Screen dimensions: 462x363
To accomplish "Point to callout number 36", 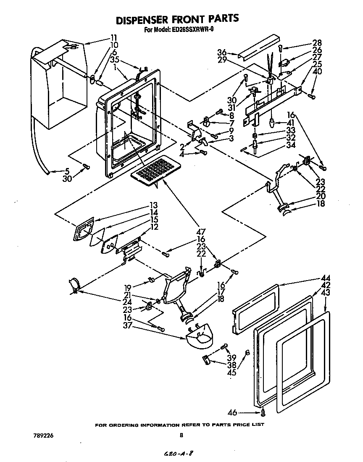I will (222, 52).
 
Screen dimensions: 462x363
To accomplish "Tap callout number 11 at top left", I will (114, 37).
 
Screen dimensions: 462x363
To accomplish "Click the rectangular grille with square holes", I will (153, 170).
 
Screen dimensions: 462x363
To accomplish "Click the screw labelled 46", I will (263, 413).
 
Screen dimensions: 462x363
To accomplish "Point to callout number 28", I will (316, 43).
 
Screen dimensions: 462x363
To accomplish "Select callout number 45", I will (231, 372).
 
